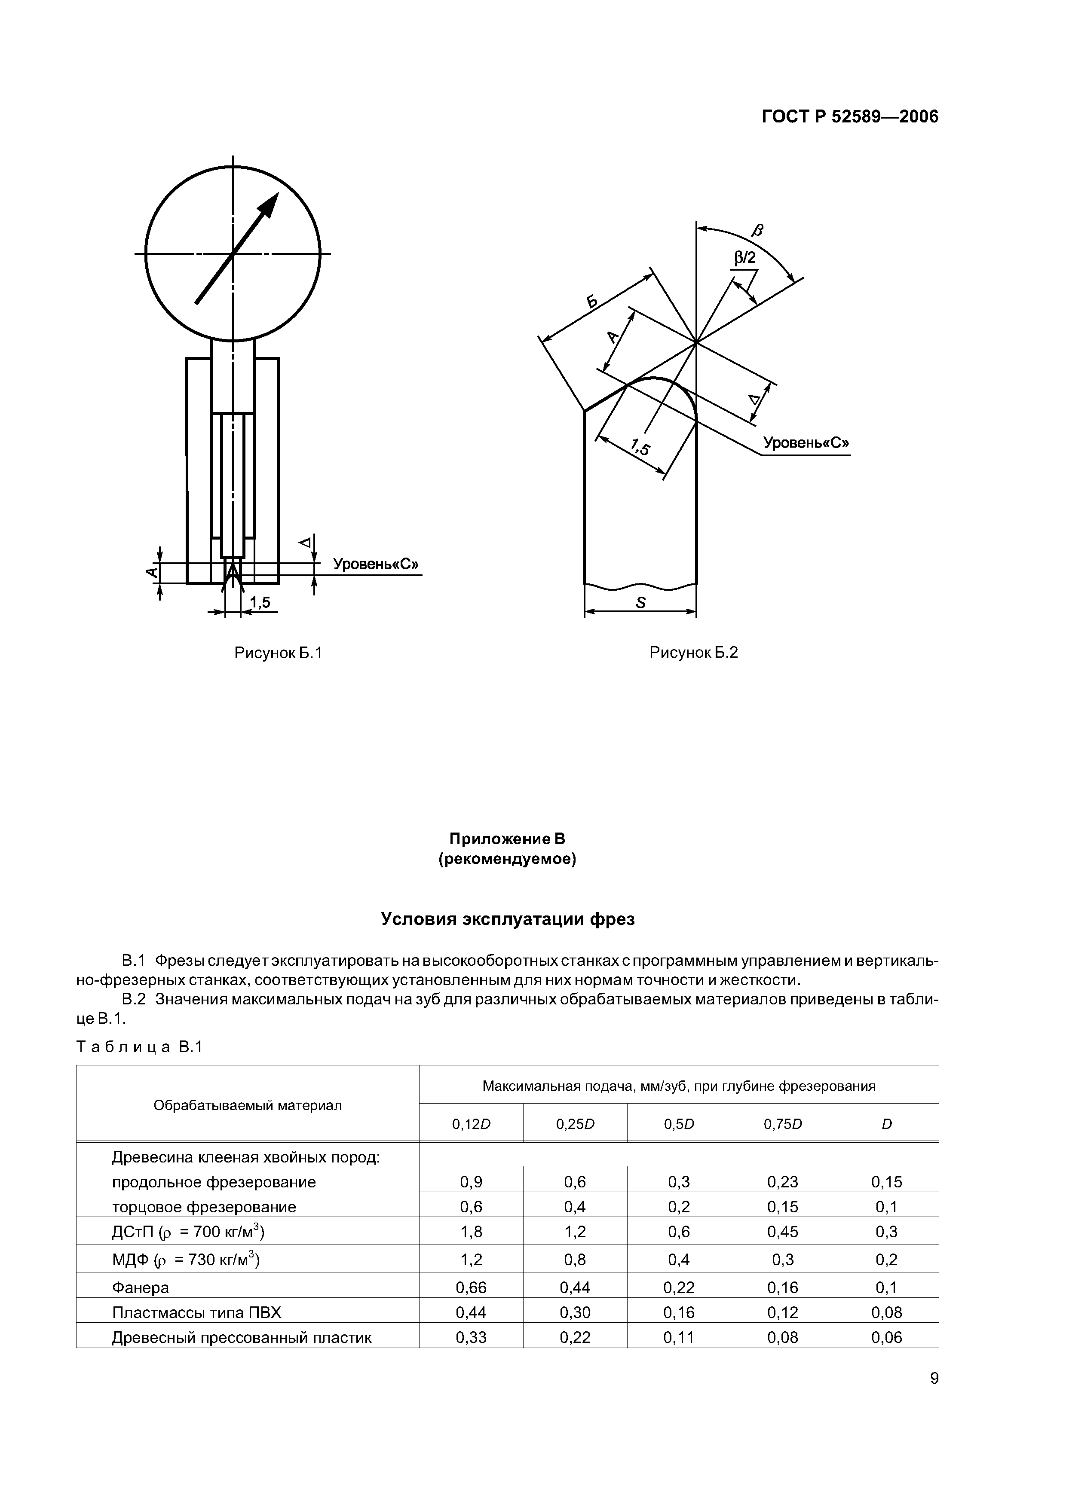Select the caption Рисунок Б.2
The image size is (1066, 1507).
click(x=694, y=653)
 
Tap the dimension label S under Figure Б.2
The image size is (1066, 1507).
click(x=640, y=603)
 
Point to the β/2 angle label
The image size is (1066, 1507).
click(x=745, y=258)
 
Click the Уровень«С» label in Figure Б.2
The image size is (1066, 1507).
click(x=806, y=443)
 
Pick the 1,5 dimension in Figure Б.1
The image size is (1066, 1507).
click(x=260, y=603)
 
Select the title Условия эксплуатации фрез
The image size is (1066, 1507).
click(x=508, y=919)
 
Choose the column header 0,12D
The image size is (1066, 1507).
click(x=471, y=1124)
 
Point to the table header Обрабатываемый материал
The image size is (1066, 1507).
click(x=248, y=1105)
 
